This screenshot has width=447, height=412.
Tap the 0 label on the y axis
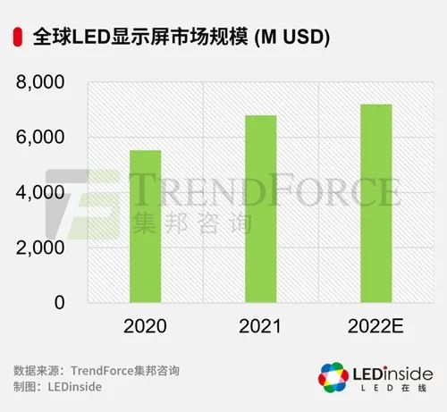click(x=60, y=303)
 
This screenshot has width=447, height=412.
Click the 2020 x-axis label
click(x=146, y=326)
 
